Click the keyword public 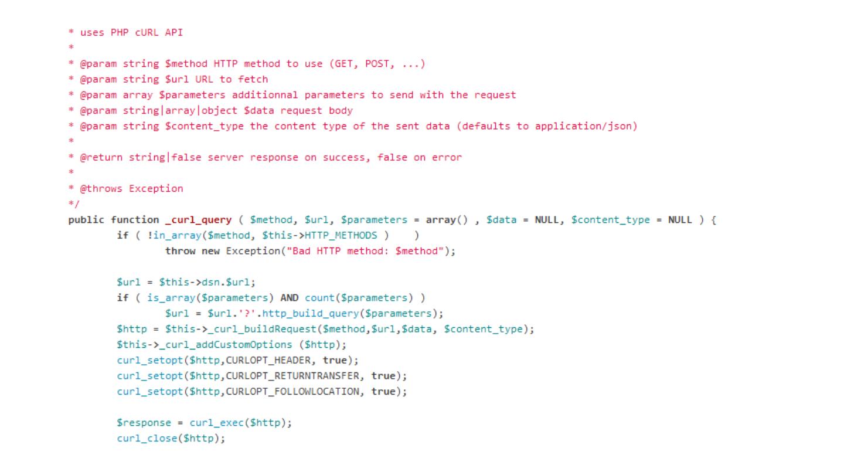pyautogui.click(x=87, y=220)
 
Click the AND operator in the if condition pyautogui.click(x=291, y=298)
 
